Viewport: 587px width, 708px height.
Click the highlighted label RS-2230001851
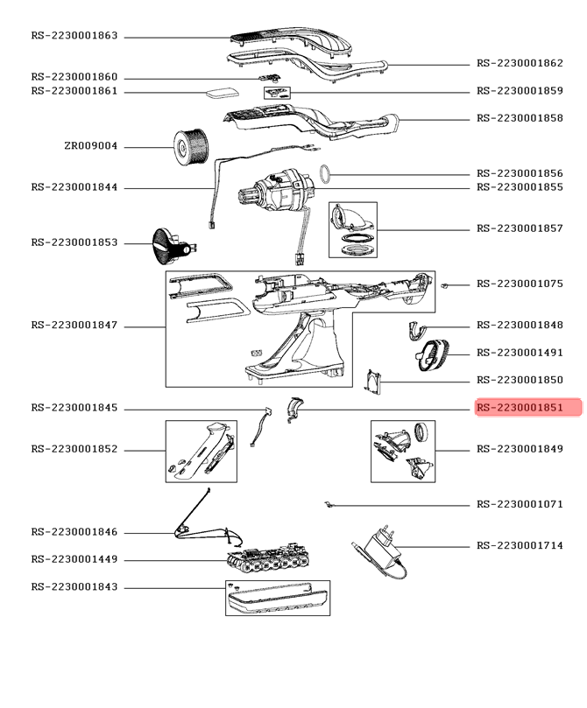pos(528,408)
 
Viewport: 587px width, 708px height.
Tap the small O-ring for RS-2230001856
pos(325,173)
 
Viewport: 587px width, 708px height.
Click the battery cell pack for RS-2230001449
pos(272,561)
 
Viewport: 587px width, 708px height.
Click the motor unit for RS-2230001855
pos(279,190)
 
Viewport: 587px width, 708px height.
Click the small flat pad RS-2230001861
pos(217,92)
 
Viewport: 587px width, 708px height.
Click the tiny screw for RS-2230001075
pos(446,285)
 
